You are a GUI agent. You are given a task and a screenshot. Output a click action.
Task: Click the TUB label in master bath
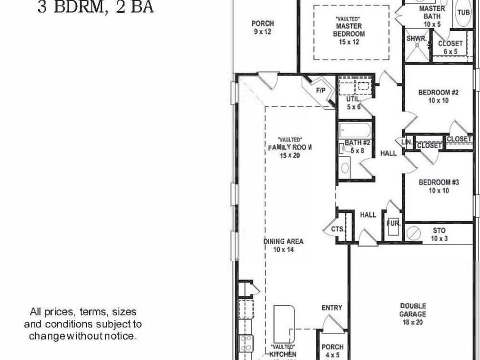click(x=463, y=12)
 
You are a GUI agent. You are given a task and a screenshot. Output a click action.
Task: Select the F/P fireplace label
click(x=320, y=90)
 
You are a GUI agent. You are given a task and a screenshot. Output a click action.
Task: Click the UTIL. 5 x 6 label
click(x=353, y=103)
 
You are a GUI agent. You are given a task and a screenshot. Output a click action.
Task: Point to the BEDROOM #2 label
click(x=438, y=96)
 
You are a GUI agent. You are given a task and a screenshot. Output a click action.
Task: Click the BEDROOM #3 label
click(x=438, y=186)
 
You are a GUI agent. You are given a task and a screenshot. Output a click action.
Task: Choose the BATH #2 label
click(x=356, y=146)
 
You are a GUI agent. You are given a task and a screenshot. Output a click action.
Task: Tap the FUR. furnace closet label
click(x=393, y=223)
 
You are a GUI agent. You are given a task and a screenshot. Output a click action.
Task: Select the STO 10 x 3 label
click(x=439, y=234)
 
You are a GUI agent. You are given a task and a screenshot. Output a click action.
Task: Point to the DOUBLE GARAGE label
click(x=412, y=310)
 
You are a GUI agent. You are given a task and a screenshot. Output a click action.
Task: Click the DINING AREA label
click(x=283, y=245)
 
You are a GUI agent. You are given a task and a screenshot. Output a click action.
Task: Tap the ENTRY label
click(x=331, y=307)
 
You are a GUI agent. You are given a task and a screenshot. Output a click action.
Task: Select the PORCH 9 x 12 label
click(x=262, y=27)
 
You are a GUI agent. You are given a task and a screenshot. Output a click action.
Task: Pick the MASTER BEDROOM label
click(x=349, y=29)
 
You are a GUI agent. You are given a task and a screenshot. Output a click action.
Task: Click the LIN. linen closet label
click(x=406, y=142)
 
